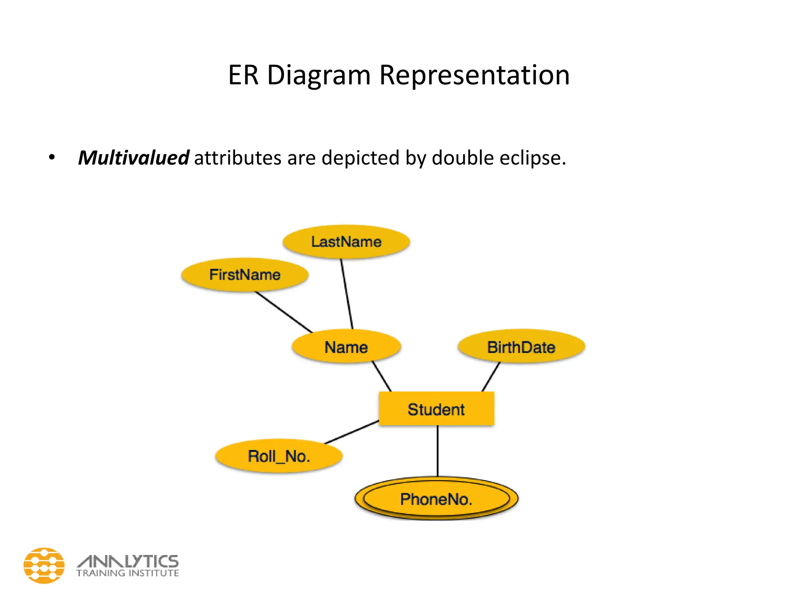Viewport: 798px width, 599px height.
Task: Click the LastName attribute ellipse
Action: point(346,242)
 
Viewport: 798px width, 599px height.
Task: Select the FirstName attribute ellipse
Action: point(245,275)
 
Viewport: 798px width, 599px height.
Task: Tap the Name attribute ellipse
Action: point(346,347)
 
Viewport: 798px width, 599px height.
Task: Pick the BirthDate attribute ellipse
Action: point(521,347)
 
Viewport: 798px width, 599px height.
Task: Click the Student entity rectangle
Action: point(436,409)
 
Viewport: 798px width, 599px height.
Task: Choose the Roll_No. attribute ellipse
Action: point(279,456)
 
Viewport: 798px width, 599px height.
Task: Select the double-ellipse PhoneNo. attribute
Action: point(436,499)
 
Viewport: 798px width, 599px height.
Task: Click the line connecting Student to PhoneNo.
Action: point(438,450)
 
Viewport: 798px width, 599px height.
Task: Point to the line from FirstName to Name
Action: point(284,312)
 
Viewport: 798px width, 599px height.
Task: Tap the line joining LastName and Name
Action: point(347,294)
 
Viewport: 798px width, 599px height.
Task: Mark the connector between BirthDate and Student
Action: point(491,377)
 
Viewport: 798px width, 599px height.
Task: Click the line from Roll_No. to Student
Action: point(352,432)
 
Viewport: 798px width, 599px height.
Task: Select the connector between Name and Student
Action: point(381,376)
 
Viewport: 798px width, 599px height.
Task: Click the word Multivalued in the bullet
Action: point(134,158)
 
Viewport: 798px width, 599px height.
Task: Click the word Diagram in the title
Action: point(318,75)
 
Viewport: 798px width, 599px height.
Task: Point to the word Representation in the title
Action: point(474,75)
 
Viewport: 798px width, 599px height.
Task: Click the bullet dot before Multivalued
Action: point(51,158)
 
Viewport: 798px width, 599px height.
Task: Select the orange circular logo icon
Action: point(44,565)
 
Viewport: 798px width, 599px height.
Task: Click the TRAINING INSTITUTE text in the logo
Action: point(127,573)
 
